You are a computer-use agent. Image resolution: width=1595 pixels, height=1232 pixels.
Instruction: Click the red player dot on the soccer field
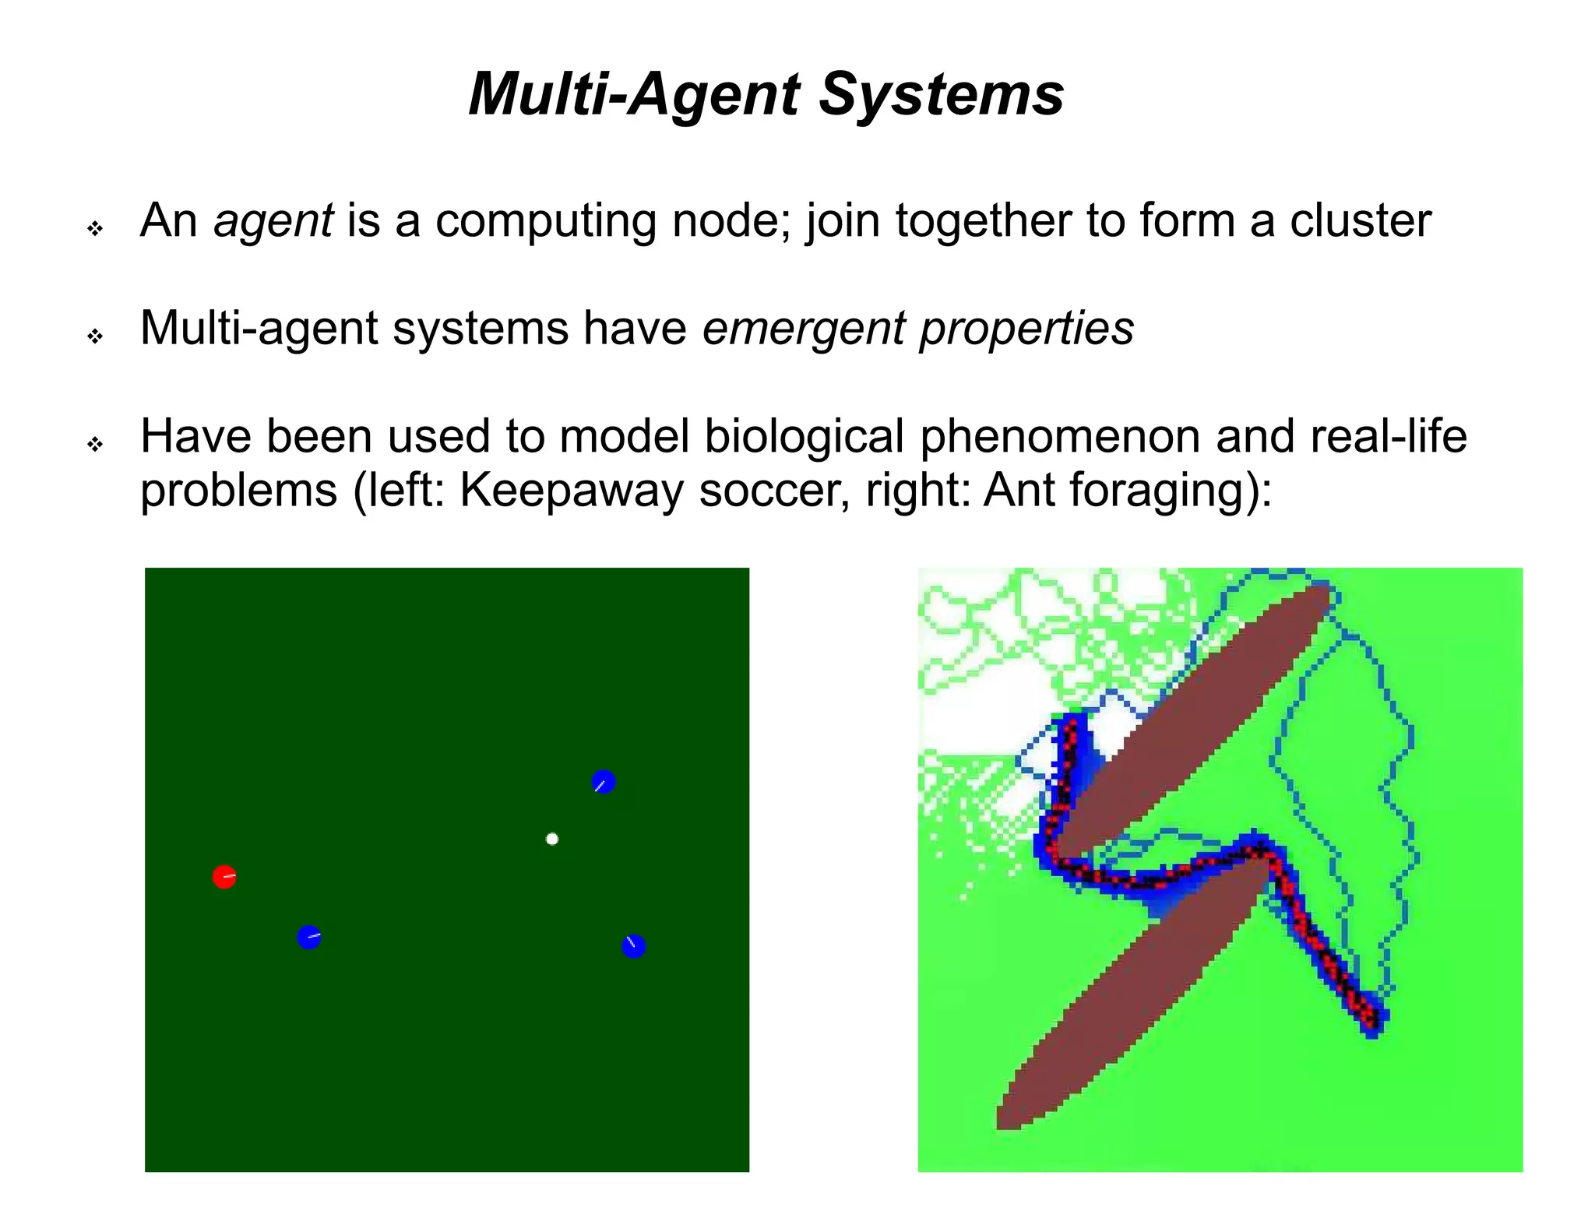[x=224, y=877]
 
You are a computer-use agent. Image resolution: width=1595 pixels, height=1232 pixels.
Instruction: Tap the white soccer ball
[x=552, y=839]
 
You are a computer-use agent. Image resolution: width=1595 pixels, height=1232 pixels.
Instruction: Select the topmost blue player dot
[x=604, y=782]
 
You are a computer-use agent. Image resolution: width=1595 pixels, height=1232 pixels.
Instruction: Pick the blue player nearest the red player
[x=309, y=937]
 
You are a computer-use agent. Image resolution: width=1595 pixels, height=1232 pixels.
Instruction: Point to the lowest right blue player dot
[x=634, y=946]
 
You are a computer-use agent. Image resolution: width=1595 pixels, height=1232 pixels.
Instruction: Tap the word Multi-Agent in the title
[x=634, y=94]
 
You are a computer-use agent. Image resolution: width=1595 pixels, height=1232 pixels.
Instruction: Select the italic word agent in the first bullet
[x=273, y=221]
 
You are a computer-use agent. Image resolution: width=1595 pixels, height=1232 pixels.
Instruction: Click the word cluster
[x=1360, y=221]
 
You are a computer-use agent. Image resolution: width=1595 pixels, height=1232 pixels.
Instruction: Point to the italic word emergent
[x=804, y=329]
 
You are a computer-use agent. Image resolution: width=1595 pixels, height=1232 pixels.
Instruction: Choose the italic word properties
[x=1026, y=329]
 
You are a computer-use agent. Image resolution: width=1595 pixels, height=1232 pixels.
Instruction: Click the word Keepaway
[x=571, y=491]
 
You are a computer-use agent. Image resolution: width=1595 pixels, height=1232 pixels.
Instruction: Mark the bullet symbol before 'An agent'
[x=95, y=229]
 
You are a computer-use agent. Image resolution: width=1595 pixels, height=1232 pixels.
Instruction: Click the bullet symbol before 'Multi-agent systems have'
[x=95, y=336]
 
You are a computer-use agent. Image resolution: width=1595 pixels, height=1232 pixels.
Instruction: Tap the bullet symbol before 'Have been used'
[x=95, y=445]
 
